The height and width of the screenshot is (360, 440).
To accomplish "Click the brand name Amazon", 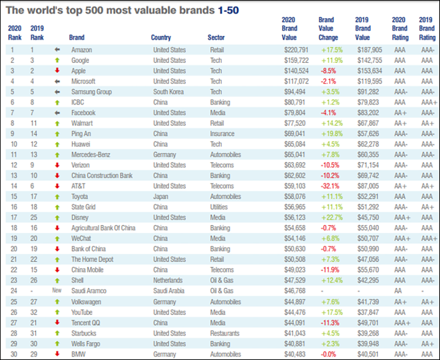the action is (x=82, y=50).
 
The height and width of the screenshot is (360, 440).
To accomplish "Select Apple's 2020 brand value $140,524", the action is (x=297, y=71).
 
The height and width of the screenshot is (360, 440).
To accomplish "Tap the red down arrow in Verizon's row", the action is (x=57, y=165).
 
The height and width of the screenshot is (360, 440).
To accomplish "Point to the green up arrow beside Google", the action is (x=57, y=60).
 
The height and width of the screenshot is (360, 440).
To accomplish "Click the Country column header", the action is (x=161, y=37).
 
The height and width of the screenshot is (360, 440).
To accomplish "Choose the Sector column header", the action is (x=216, y=37).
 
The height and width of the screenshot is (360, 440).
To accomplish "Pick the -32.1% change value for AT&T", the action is (x=330, y=186).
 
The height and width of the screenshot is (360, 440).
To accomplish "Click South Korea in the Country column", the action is (x=168, y=92).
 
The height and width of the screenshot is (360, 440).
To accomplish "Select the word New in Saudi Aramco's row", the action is (x=57, y=290).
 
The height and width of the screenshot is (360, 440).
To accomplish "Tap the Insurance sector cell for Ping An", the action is (x=222, y=133).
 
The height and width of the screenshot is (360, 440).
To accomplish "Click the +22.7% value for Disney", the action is (x=332, y=217).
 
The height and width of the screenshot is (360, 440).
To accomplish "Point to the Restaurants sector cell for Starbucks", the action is (x=225, y=333).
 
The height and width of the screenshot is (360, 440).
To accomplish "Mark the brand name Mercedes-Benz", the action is (x=91, y=155).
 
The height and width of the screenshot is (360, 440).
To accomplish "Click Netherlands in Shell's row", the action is (x=168, y=280).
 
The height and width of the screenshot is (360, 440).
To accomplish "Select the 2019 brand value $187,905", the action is (x=369, y=50).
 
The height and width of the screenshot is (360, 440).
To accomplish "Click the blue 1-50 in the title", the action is (x=228, y=10).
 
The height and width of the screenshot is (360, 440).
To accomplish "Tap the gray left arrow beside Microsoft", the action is (x=57, y=82).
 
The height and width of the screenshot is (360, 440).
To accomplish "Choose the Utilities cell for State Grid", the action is (x=219, y=207).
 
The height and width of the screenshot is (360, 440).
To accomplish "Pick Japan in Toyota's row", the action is (x=160, y=197).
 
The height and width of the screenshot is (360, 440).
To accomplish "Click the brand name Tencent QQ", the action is (x=86, y=323).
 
